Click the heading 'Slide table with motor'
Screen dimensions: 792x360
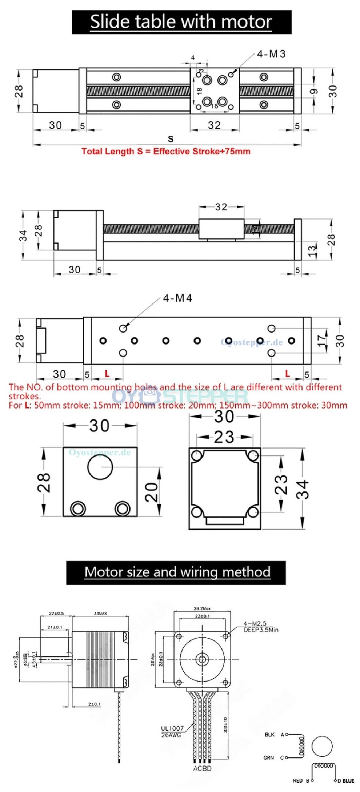tap(181, 22)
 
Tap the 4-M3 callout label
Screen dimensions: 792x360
tap(271, 54)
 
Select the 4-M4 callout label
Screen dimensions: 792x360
tap(177, 298)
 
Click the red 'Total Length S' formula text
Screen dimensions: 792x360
tap(166, 152)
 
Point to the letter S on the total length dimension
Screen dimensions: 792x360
tap(171, 139)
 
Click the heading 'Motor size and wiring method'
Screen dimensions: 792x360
tap(177, 572)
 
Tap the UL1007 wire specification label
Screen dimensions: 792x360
tap(172, 728)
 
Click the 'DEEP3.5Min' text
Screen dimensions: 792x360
tap(261, 630)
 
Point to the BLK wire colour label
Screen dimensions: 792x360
tap(270, 735)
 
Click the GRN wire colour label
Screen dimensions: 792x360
tap(269, 757)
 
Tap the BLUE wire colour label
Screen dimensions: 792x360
tap(348, 780)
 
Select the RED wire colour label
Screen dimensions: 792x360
tap(298, 780)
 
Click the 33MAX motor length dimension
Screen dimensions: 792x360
tap(100, 614)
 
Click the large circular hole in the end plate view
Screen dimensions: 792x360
tap(100, 467)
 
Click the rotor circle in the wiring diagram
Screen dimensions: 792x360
tap(322, 746)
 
